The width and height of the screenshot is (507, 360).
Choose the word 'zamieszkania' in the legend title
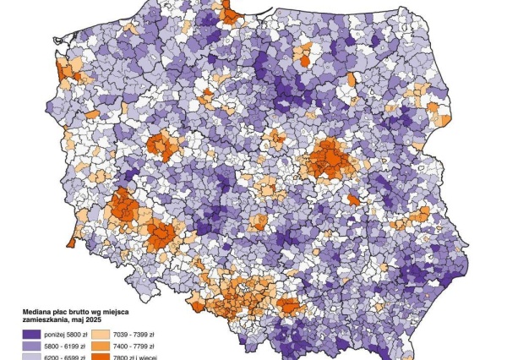[35, 319]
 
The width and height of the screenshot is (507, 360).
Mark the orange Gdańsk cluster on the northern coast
[229, 14]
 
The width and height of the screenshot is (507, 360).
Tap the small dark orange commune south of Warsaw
[354, 200]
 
